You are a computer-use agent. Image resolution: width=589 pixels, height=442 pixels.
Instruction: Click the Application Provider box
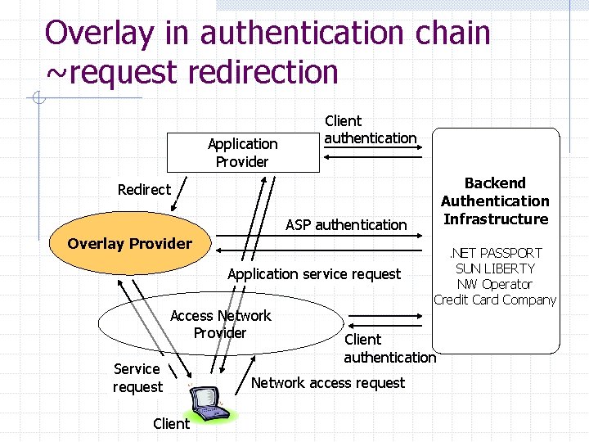[242, 152]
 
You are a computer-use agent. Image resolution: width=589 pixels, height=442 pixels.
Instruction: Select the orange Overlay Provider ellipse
[131, 243]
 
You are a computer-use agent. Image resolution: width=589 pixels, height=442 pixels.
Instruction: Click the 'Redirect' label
[144, 190]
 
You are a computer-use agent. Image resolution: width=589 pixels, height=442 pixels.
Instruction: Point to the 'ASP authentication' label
[345, 224]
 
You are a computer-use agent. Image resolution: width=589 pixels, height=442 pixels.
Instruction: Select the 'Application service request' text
[314, 274]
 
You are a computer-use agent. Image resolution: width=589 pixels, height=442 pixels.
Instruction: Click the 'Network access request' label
[327, 383]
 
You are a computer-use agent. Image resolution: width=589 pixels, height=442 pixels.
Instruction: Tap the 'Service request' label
[137, 377]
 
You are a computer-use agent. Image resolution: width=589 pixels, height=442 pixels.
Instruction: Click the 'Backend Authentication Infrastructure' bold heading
[495, 201]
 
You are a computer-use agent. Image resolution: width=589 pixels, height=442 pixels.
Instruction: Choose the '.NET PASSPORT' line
[495, 253]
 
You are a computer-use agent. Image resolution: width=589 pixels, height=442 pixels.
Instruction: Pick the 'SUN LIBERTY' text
[495, 268]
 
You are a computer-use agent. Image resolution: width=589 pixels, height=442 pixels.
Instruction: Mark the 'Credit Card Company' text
[495, 300]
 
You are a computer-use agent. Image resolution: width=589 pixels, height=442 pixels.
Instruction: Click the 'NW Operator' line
[495, 284]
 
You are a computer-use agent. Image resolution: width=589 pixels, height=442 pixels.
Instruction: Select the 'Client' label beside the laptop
[171, 423]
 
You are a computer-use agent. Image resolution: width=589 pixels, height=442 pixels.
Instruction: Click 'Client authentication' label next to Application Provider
[370, 129]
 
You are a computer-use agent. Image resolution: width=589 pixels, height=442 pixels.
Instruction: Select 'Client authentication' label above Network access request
[389, 348]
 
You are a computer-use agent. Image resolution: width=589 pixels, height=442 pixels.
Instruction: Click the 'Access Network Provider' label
[220, 324]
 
